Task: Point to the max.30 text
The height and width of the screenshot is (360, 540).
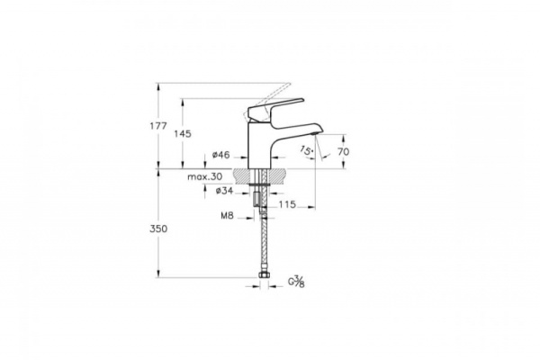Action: (204, 177)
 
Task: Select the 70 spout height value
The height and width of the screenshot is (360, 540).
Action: (342, 152)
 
